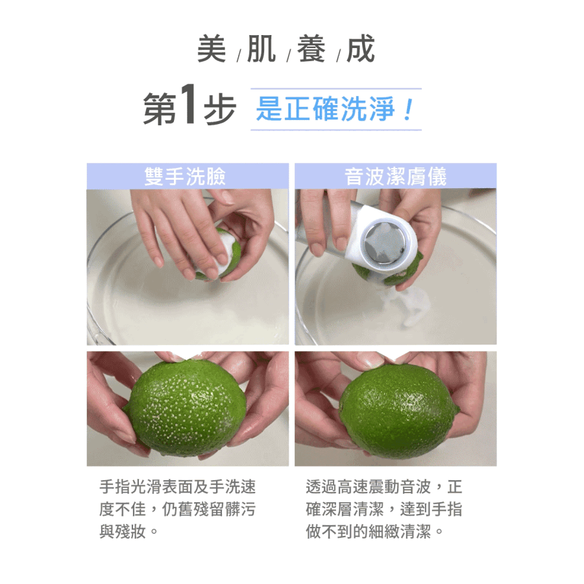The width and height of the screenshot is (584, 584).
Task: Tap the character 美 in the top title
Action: pyautogui.click(x=212, y=49)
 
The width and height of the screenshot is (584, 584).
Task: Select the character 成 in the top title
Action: pyautogui.click(x=360, y=49)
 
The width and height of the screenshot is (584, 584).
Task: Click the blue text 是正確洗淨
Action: pyautogui.click(x=325, y=109)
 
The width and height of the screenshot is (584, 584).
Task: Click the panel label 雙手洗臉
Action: pyautogui.click(x=185, y=176)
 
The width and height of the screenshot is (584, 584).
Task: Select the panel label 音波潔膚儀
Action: pyautogui.click(x=395, y=176)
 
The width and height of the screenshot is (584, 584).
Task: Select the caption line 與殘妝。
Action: pyautogui.click(x=129, y=531)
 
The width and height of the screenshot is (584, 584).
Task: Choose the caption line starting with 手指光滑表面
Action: pyautogui.click(x=178, y=487)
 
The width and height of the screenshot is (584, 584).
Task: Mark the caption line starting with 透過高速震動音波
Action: pyautogui.click(x=384, y=487)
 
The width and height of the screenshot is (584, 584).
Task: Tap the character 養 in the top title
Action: pyautogui.click(x=311, y=49)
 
